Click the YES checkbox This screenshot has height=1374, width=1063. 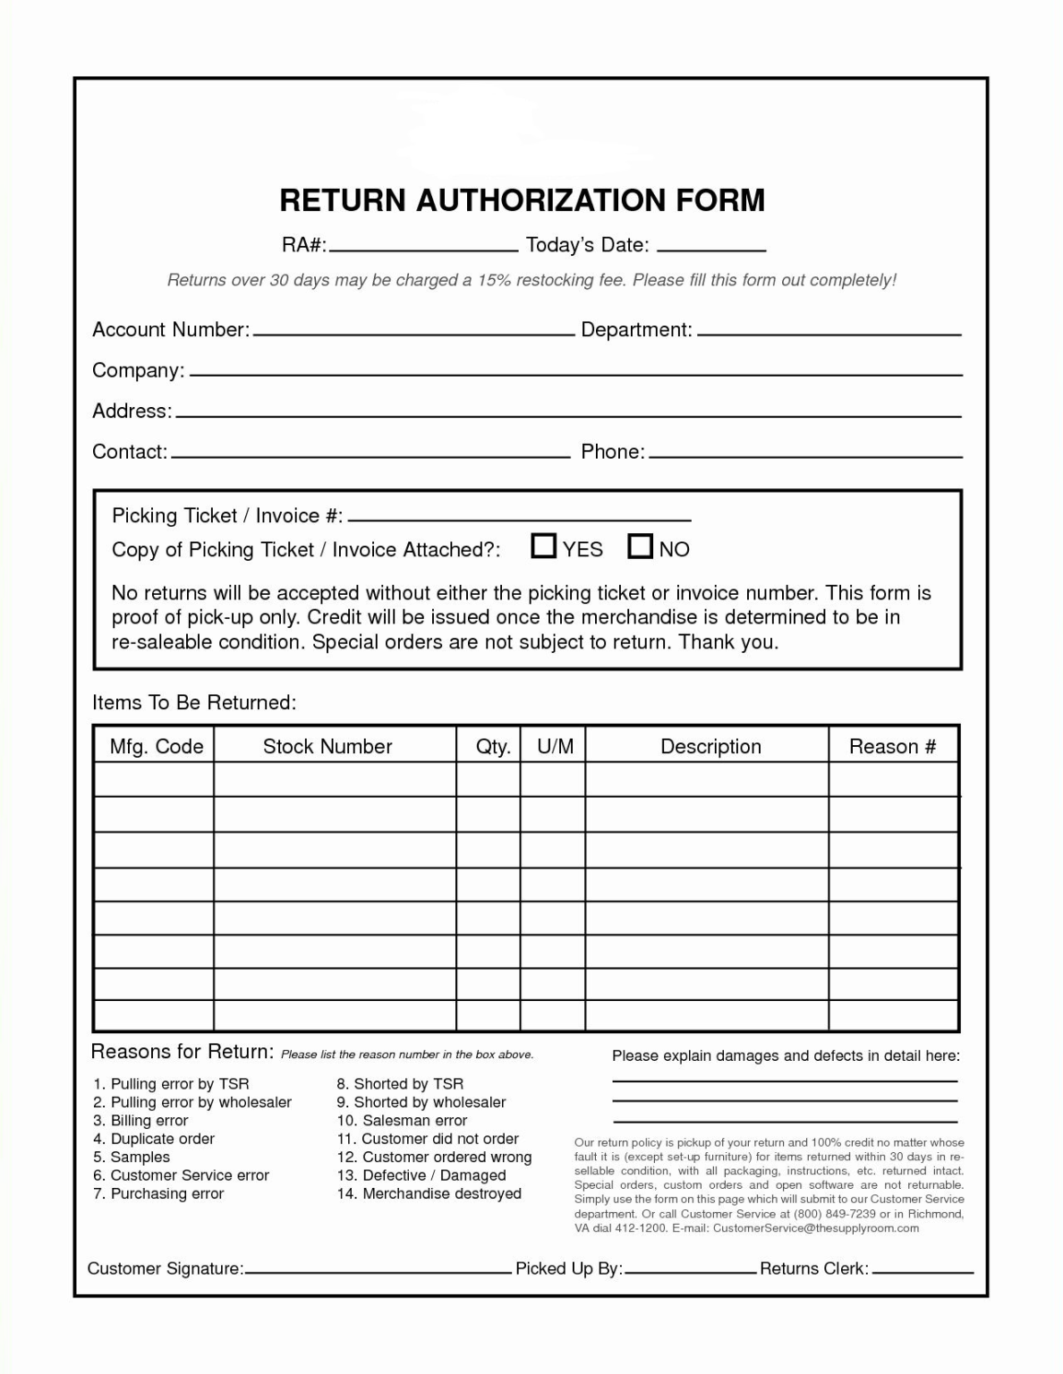point(543,546)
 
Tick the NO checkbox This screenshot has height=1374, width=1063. point(640,546)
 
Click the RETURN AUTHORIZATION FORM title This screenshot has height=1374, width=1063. point(523,200)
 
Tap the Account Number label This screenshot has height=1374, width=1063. point(170,330)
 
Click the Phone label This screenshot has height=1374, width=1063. point(613,452)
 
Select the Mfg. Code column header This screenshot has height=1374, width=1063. point(157,747)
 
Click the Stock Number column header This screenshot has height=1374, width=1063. point(327,747)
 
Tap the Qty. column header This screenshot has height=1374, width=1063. point(493,747)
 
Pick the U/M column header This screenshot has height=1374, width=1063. point(556,747)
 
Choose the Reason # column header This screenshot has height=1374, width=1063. point(892,747)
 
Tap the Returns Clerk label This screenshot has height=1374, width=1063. point(814,1268)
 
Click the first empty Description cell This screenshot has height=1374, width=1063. point(707,779)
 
